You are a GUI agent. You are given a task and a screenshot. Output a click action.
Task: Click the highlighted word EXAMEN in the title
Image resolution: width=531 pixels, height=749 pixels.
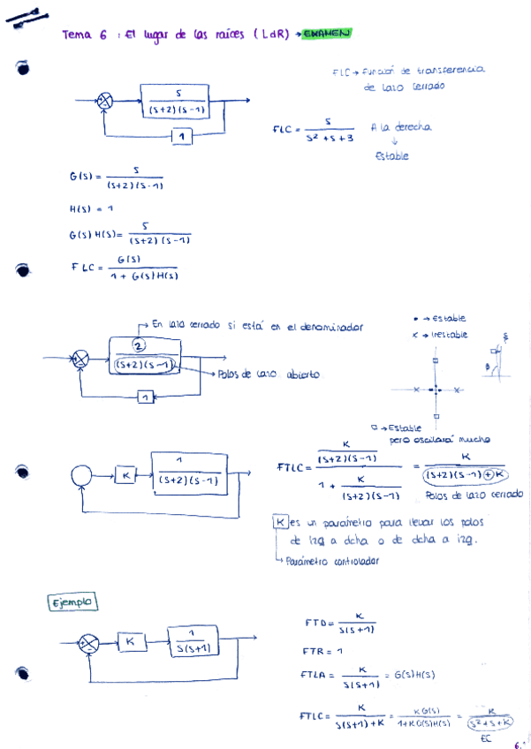click(x=326, y=34)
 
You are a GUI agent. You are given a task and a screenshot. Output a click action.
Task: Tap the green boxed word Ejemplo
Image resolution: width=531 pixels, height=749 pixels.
click(x=72, y=602)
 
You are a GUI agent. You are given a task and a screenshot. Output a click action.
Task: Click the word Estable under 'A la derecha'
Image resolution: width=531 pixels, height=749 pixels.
click(x=392, y=156)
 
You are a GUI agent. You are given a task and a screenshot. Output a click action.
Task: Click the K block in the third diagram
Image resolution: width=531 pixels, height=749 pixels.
click(x=126, y=475)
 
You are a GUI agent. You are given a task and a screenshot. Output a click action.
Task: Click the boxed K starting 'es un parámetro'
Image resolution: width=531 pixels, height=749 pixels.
click(x=282, y=522)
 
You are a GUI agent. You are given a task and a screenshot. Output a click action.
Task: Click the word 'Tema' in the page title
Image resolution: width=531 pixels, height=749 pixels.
click(x=77, y=35)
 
